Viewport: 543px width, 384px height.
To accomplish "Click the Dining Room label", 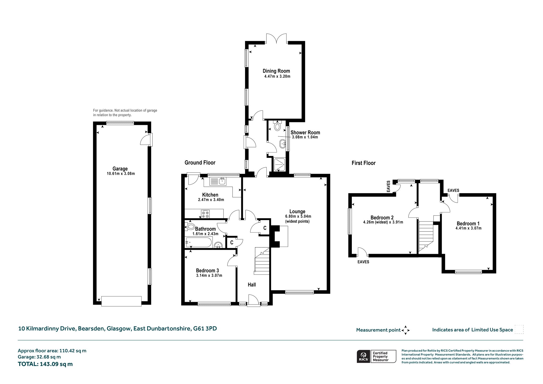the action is (276, 71).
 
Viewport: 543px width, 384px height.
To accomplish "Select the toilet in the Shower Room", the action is (277, 126).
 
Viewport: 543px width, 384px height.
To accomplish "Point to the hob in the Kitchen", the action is (205, 214).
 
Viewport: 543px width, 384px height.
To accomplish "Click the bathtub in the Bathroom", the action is (199, 242).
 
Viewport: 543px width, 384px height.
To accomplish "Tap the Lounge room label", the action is (297, 211).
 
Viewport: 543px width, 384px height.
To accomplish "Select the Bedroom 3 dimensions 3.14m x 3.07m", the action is (209, 276).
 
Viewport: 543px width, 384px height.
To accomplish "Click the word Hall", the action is (252, 285).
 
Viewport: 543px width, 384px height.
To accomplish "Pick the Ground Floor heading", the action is (200, 163).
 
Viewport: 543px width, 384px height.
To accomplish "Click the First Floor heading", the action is (364, 163).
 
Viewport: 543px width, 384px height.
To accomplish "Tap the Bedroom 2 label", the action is (382, 218).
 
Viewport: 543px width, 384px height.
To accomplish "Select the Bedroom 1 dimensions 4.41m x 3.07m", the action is (468, 228).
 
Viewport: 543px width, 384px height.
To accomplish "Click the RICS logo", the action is (363, 356).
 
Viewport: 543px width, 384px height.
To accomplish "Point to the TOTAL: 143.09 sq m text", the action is (45, 364).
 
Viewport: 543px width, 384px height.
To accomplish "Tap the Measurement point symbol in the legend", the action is (405, 330).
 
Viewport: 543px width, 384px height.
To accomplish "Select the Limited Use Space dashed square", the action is (519, 329).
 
